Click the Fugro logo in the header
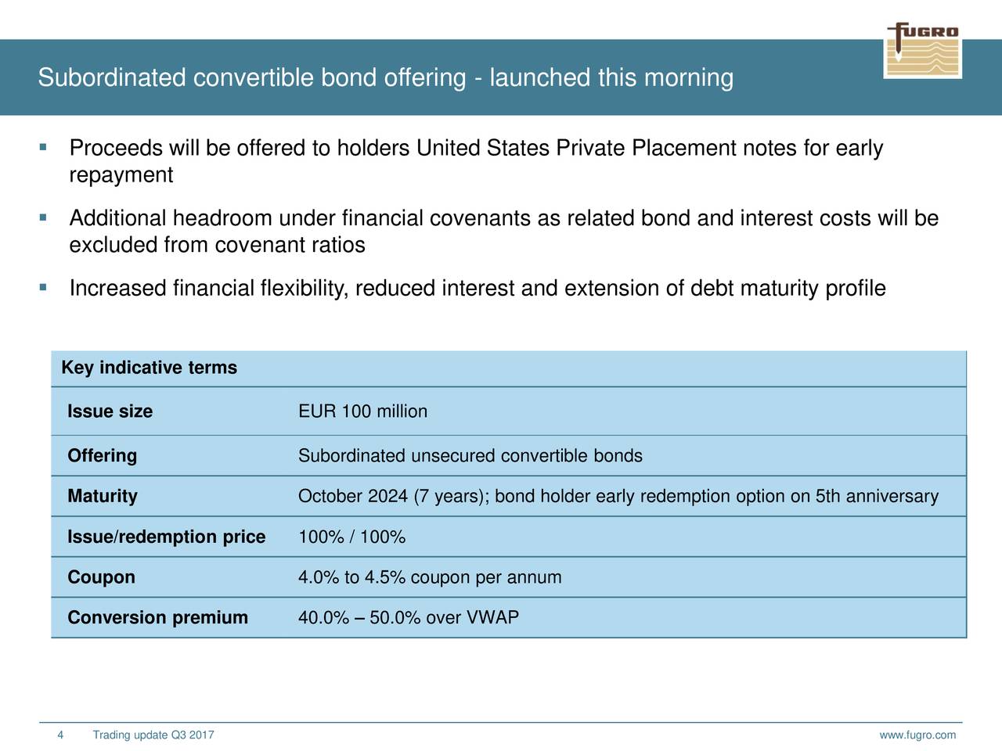click(x=923, y=50)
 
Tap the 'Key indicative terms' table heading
click(x=150, y=368)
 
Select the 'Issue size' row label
click(x=110, y=411)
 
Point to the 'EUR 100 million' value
click(x=363, y=411)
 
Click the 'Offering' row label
click(x=103, y=456)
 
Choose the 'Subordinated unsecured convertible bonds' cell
click(x=470, y=456)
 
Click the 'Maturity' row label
click(x=103, y=496)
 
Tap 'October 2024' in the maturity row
click(x=353, y=496)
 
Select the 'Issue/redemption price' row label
click(x=167, y=537)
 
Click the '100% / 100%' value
click(x=352, y=537)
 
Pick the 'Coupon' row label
click(x=101, y=577)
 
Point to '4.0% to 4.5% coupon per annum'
click(x=430, y=577)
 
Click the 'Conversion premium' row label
click(x=158, y=617)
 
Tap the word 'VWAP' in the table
click(x=492, y=617)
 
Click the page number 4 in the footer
click(x=60, y=735)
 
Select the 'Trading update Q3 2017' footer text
click(x=153, y=735)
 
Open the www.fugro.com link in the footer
click(x=917, y=735)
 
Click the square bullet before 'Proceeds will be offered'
click(x=43, y=147)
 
